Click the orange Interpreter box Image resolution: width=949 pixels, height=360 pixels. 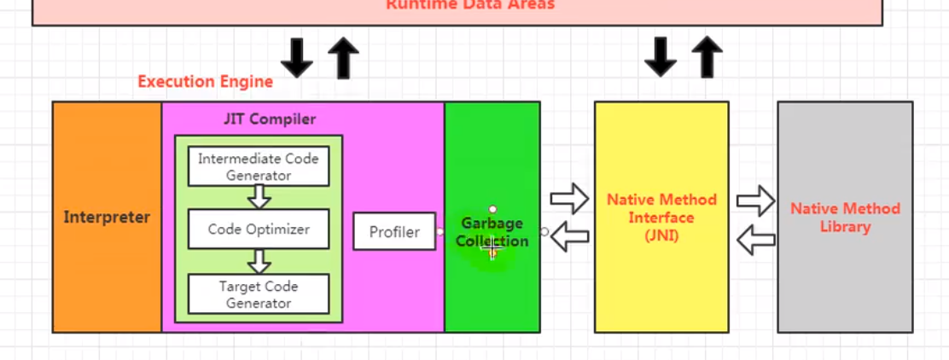tap(107, 217)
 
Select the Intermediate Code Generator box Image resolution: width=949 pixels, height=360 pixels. tap(259, 166)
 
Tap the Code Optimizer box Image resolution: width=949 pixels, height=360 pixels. tap(259, 229)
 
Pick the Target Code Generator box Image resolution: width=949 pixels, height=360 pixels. tap(259, 294)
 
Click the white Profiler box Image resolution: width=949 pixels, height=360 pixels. tap(394, 231)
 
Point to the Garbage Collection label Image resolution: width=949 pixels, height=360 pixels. tap(492, 232)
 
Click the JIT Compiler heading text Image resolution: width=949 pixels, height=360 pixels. tap(270, 119)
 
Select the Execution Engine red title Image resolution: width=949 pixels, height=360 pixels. tap(205, 82)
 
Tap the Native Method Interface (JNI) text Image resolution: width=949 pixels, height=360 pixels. tap(661, 218)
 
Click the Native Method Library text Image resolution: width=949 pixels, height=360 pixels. tap(845, 218)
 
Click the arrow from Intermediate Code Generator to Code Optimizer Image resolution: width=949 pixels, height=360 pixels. tap(259, 197)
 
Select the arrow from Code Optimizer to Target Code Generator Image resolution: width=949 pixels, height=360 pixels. tap(259, 261)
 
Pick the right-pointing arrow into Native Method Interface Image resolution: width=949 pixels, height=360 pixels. tap(569, 200)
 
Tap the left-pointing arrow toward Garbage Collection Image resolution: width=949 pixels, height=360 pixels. tap(569, 236)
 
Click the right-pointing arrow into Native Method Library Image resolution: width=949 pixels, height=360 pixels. tap(755, 202)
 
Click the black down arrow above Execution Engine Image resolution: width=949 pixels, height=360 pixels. tap(297, 58)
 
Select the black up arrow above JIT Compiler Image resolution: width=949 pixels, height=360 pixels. tap(343, 58)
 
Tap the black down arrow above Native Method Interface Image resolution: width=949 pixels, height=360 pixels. tap(660, 58)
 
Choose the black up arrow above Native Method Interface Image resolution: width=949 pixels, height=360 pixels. tap(707, 58)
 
